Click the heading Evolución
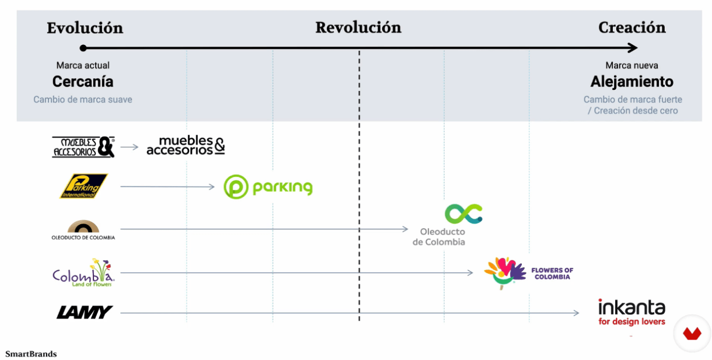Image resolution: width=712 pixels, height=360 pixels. pyautogui.click(x=85, y=28)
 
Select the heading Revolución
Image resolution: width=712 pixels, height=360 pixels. pyautogui.click(x=358, y=27)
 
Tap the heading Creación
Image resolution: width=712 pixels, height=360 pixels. pyautogui.click(x=632, y=27)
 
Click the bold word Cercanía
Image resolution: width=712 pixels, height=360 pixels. pyautogui.click(x=83, y=82)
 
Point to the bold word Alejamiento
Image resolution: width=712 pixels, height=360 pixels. pyautogui.click(x=632, y=82)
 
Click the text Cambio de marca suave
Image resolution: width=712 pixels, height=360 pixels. pyautogui.click(x=83, y=99)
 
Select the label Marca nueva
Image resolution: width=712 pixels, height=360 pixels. pyautogui.click(x=631, y=65)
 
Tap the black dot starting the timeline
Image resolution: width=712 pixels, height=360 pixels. pyautogui.click(x=83, y=48)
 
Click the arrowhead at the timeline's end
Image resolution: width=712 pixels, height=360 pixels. pyautogui.click(x=633, y=48)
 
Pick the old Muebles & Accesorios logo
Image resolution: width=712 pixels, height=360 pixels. pyautogui.click(x=83, y=147)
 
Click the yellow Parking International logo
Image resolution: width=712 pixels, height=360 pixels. pyautogui.click(x=84, y=186)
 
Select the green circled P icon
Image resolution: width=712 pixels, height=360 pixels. pyautogui.click(x=236, y=187)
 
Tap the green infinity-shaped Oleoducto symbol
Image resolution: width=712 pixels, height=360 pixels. pyautogui.click(x=464, y=214)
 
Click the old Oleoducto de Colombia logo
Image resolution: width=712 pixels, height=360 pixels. pyautogui.click(x=83, y=230)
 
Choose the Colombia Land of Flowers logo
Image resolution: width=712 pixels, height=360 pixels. pyautogui.click(x=83, y=272)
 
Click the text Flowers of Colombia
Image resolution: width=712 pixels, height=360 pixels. pyautogui.click(x=553, y=274)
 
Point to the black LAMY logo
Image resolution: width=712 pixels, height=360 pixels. pyautogui.click(x=85, y=312)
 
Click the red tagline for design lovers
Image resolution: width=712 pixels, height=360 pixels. pyautogui.click(x=632, y=321)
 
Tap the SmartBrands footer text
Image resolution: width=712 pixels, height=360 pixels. pyautogui.click(x=31, y=354)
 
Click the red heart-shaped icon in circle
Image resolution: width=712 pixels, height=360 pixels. pyautogui.click(x=692, y=333)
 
